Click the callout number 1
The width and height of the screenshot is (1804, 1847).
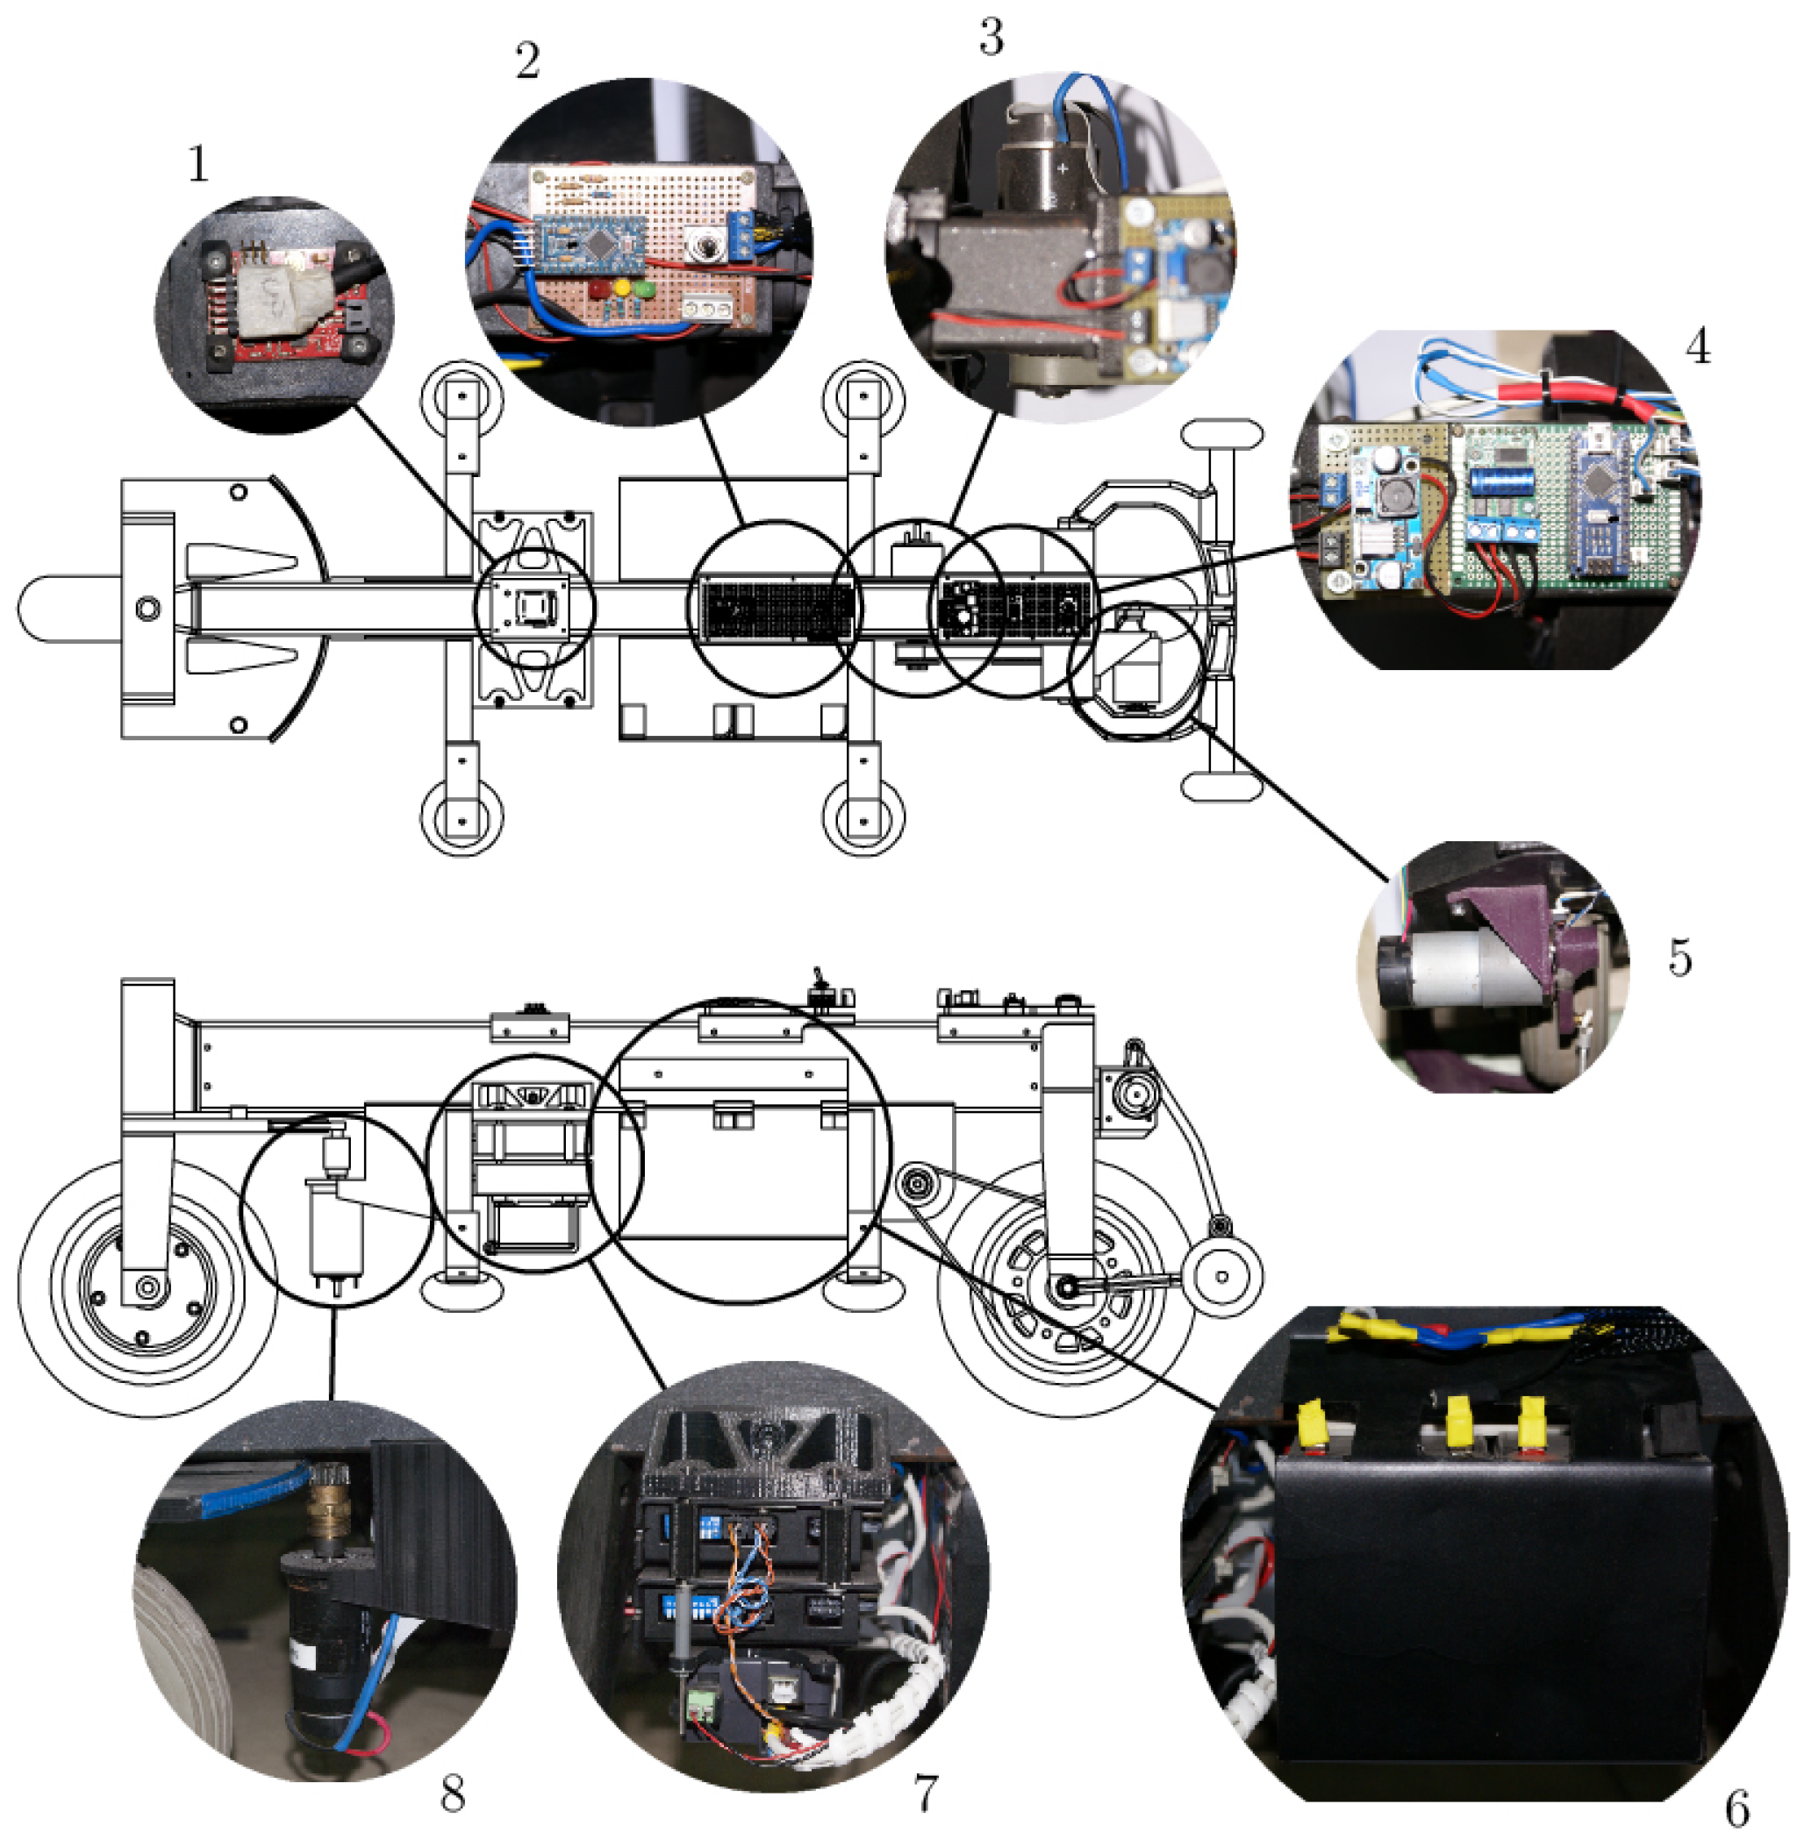pos(197,164)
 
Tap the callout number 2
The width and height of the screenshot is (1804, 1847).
pos(527,61)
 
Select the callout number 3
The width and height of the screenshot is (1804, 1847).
pos(991,38)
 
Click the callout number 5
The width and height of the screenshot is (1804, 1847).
pos(1679,958)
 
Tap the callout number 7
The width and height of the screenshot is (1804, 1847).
pos(926,1792)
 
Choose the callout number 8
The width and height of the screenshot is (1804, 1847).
pos(453,1792)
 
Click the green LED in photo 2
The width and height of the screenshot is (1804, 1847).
pos(645,288)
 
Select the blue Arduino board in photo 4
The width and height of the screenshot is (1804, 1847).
pos(1601,502)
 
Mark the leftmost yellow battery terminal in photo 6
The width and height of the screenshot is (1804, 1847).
pos(1310,1426)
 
